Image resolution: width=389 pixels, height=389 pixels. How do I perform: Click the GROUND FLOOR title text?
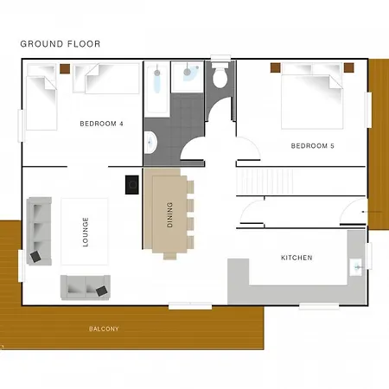61,44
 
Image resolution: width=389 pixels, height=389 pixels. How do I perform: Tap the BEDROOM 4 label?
101,124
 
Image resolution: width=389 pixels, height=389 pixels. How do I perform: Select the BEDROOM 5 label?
313,146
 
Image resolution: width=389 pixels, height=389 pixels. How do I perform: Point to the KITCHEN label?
297,258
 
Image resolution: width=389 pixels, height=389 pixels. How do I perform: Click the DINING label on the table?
169,214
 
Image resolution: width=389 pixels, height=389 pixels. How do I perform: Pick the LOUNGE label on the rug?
86,232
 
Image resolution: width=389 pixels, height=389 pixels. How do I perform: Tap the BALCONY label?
104,328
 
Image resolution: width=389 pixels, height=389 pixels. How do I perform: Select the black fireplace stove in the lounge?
132,185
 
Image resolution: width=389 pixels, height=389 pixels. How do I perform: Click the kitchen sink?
355,267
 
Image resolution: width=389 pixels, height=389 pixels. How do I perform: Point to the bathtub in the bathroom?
156,89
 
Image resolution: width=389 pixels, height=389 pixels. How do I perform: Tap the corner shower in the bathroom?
188,77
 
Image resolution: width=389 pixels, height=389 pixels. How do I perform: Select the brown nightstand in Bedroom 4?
65,68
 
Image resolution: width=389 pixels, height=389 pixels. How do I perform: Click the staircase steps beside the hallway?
265,182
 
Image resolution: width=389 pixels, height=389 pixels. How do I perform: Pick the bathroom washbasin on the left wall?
150,143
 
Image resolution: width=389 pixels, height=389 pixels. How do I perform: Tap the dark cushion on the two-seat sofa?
102,291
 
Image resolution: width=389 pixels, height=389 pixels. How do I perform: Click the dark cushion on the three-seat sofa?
35,257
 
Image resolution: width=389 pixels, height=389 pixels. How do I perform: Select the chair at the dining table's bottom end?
170,256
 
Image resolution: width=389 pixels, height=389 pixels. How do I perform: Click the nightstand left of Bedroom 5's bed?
276,67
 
